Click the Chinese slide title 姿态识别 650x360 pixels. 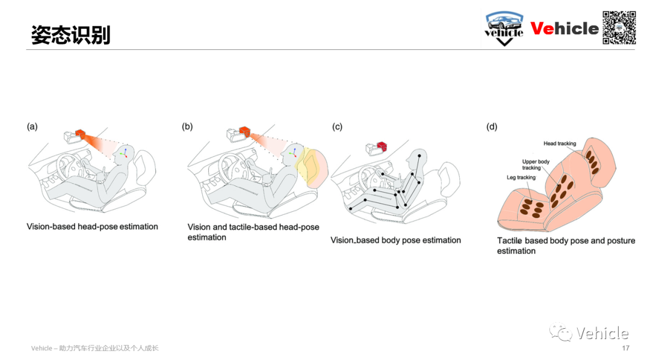point(70,35)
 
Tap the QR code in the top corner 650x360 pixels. point(619,27)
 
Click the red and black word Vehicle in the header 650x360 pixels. point(564,29)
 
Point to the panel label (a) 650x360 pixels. point(32,126)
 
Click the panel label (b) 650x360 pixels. point(187,126)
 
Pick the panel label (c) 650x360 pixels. point(337,126)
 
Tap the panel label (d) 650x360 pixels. point(492,126)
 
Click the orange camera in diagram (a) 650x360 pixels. point(79,134)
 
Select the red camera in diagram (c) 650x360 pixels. point(382,146)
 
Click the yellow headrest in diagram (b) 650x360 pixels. point(312,167)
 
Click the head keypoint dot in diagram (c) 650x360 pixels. point(419,156)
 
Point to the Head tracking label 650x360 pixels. point(560,143)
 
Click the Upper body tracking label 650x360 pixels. point(536,165)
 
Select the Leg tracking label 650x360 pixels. point(521,178)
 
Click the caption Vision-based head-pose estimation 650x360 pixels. point(93,227)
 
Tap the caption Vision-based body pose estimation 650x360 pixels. point(395,240)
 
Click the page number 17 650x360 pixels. point(625,348)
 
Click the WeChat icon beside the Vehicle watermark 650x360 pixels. point(560,331)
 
